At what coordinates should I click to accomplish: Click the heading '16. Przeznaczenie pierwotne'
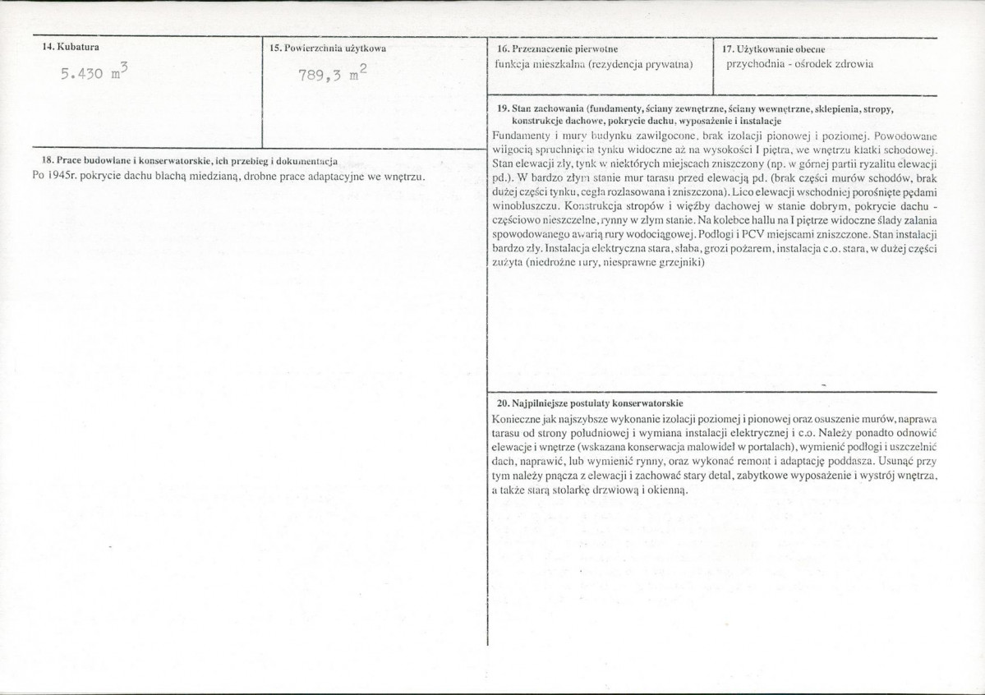[558, 49]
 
